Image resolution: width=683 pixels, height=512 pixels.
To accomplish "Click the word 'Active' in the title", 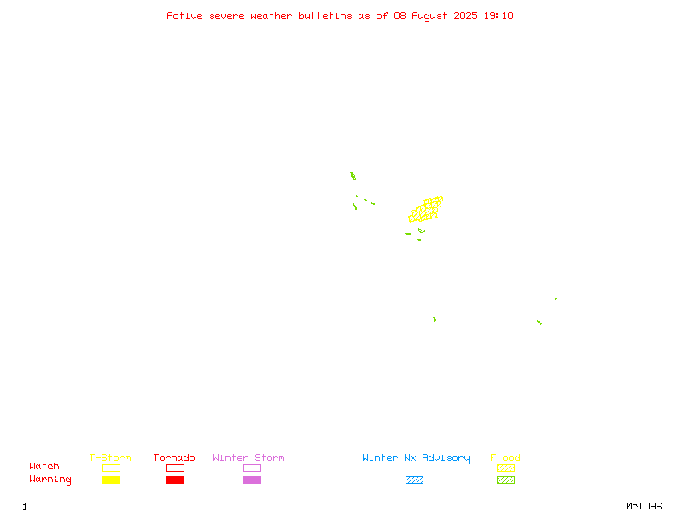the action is tap(184, 15).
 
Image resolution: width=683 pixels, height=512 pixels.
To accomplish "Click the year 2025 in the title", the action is tap(465, 15).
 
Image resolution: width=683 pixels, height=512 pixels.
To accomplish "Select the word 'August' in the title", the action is tap(429, 16).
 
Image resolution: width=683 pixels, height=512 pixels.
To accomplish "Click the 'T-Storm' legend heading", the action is tap(110, 457).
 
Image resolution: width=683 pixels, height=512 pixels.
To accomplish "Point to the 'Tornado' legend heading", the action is tap(174, 457).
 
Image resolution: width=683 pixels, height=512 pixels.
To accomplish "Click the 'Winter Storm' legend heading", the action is tap(248, 457).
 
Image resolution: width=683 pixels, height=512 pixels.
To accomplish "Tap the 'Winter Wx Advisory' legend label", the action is tap(416, 458).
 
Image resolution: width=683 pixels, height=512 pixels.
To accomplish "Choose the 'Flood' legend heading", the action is tap(505, 457).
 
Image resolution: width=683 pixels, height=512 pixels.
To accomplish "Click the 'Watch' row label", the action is tap(44, 466).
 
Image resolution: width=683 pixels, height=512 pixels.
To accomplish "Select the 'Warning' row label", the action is tap(50, 480).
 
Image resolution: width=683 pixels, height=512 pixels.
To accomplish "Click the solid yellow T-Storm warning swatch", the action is tap(112, 480).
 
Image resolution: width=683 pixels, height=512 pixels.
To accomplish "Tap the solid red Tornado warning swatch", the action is tap(176, 480).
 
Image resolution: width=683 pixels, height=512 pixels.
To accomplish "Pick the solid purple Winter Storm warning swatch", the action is tap(252, 480).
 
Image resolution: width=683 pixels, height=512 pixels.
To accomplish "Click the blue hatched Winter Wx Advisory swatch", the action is tap(414, 480).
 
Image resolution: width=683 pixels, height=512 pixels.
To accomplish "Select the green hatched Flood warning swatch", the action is tap(505, 480).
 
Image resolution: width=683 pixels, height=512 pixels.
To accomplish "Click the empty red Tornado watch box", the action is tap(176, 464).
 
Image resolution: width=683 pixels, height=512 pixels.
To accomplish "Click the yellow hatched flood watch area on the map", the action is tap(426, 209).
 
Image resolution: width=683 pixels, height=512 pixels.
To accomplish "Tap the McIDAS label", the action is tap(644, 506).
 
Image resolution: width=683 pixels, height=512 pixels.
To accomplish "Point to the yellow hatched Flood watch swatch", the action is tap(505, 468).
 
